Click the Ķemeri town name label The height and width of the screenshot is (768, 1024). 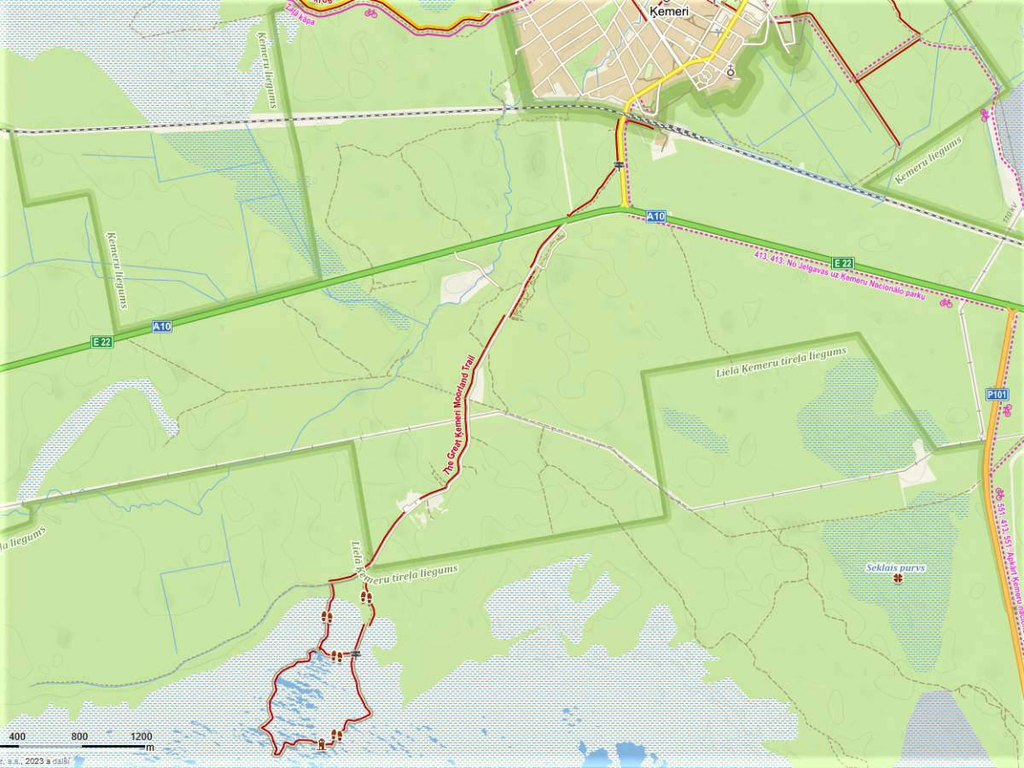tap(665, 12)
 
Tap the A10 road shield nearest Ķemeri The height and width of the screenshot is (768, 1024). tap(655, 217)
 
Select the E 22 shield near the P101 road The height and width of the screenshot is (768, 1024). tap(842, 263)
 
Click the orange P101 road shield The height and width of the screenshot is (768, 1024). tap(997, 394)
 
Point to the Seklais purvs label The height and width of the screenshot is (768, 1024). tap(895, 567)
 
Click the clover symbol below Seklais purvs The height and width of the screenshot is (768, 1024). tap(897, 580)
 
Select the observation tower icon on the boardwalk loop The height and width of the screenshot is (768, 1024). tap(322, 743)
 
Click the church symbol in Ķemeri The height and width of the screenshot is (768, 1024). tap(730, 71)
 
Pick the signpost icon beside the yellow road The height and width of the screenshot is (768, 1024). tap(618, 164)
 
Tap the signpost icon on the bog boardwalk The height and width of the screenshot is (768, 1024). tap(354, 654)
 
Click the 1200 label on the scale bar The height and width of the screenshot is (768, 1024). tap(142, 736)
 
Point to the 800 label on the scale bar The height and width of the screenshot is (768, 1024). tap(79, 736)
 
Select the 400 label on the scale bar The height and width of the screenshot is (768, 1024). tap(17, 736)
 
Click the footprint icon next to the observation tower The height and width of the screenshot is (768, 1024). tap(336, 736)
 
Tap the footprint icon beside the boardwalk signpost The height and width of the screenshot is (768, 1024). tap(336, 656)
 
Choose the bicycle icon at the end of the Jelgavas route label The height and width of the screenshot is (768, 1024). tap(945, 302)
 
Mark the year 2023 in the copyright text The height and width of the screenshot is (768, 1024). tap(36, 759)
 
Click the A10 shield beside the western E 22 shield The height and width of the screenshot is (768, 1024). tap(161, 326)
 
